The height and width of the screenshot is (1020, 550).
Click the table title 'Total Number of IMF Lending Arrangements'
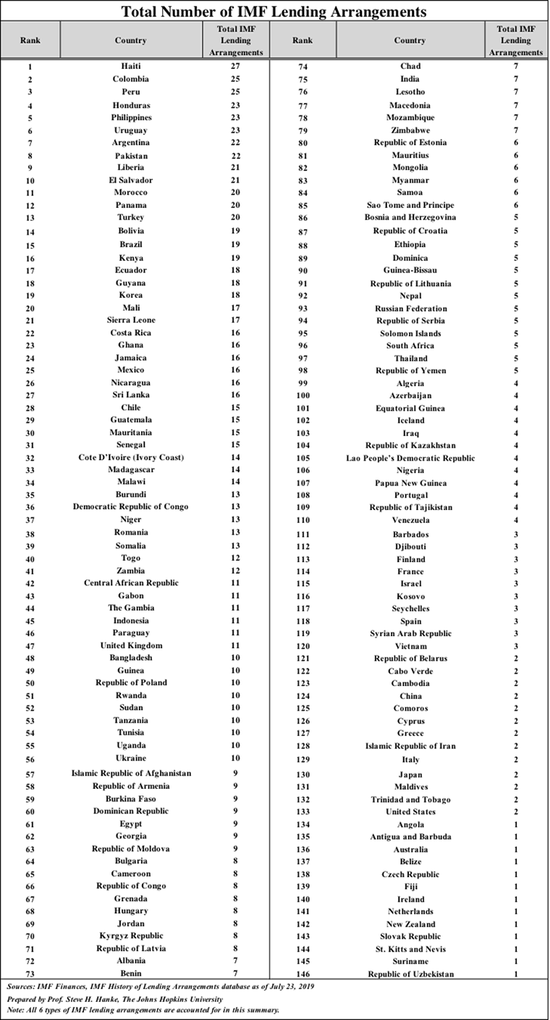[274, 11]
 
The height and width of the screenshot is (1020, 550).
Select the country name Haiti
[130, 67]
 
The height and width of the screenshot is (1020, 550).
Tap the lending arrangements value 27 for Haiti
[235, 67]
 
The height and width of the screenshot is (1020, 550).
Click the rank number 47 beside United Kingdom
[30, 646]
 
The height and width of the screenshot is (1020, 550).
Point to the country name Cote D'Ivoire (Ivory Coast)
[131, 458]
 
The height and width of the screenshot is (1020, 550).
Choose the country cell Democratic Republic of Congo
[131, 507]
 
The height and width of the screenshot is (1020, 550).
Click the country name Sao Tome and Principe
[410, 205]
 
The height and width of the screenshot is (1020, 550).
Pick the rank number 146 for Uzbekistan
[303, 974]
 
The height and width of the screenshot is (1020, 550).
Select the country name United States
[410, 812]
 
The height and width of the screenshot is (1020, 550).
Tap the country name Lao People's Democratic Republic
[410, 458]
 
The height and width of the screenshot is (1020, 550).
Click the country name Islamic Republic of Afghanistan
[131, 773]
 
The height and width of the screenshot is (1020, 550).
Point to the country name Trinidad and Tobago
[410, 800]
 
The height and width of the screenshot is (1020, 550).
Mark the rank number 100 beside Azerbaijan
[303, 396]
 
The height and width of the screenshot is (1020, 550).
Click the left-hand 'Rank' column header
[30, 41]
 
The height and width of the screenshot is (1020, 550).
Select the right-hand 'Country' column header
[410, 41]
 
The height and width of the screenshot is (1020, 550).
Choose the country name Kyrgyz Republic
[131, 936]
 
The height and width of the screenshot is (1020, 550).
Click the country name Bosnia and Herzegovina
[410, 217]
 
